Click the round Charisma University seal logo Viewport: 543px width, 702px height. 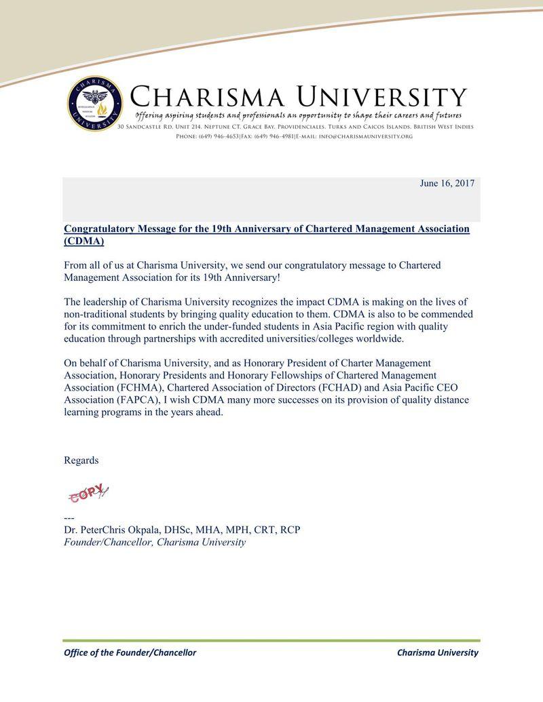tap(95, 104)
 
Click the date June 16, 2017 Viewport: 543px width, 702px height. tap(447, 184)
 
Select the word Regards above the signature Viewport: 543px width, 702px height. tap(81, 461)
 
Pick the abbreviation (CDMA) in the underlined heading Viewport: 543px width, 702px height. tap(84, 241)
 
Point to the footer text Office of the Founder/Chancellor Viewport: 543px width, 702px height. tap(130, 652)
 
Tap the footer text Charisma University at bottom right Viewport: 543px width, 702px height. tap(438, 652)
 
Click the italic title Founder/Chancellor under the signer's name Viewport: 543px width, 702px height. tap(109, 543)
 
